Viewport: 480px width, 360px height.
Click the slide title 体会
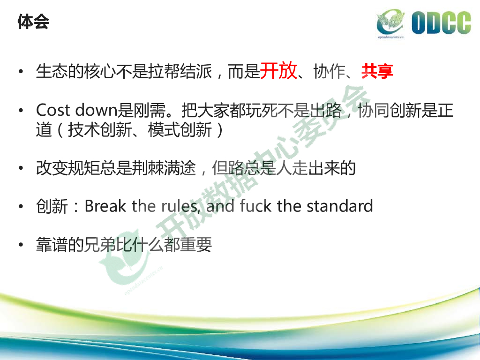click(x=33, y=22)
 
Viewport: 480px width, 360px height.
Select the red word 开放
click(x=278, y=71)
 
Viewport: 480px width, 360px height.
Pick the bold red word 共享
click(x=377, y=71)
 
